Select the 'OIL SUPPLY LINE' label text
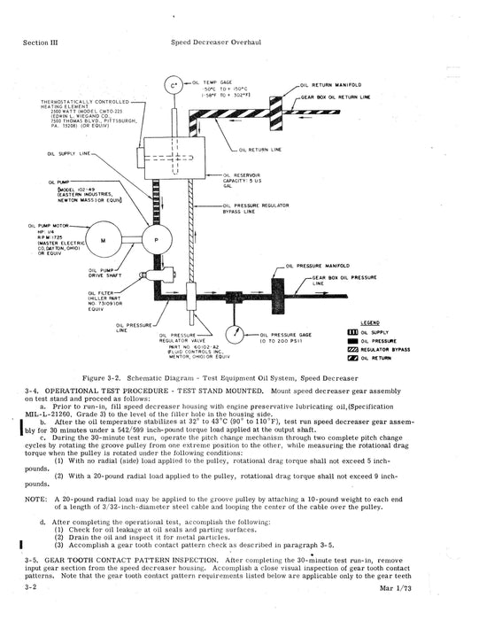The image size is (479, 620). [66, 153]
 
